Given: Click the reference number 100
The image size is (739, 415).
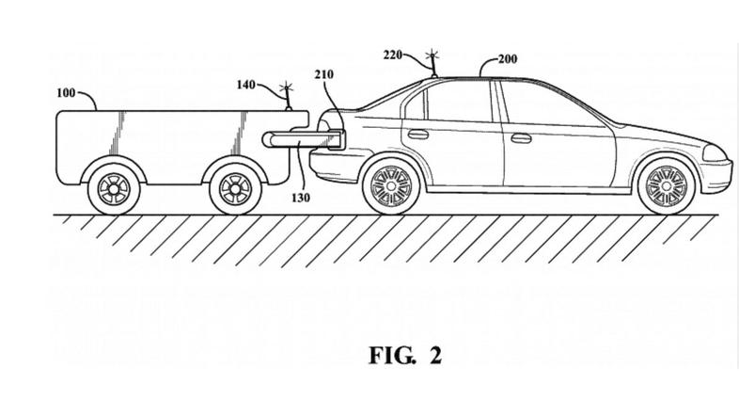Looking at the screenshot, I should tap(68, 95).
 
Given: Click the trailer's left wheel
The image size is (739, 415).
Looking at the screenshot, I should tap(113, 188).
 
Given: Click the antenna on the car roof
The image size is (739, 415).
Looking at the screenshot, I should tap(433, 64).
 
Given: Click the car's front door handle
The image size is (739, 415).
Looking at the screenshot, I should tap(519, 138).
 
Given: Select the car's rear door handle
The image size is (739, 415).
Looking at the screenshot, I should tap(417, 134).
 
